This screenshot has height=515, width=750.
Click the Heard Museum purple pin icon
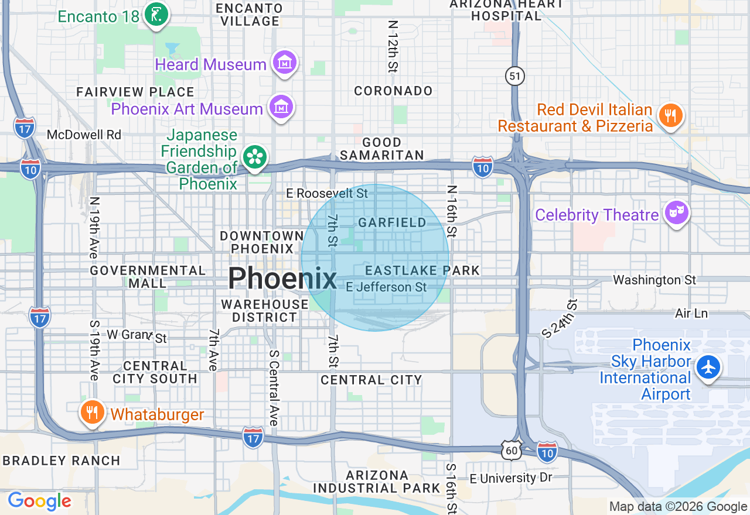click(x=285, y=63)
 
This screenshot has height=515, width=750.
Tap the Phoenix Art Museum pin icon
click(x=281, y=107)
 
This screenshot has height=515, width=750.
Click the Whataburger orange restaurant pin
click(x=91, y=413)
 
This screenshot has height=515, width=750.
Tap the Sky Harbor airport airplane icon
click(x=709, y=368)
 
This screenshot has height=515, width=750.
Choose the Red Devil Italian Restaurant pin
click(x=670, y=115)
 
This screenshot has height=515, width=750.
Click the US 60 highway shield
click(x=511, y=449)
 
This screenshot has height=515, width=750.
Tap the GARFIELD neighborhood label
click(x=393, y=222)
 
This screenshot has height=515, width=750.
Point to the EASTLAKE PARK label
click(x=422, y=270)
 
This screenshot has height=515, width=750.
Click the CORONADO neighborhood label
click(x=393, y=91)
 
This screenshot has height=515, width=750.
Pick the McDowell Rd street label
click(x=84, y=135)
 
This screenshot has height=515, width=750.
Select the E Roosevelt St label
click(x=327, y=193)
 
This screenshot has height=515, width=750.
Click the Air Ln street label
click(x=691, y=313)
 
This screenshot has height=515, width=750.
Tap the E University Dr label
click(x=511, y=478)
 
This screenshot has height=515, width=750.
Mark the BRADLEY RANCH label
click(x=62, y=461)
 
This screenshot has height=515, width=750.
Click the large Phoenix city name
click(x=282, y=279)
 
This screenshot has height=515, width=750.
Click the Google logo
click(x=39, y=502)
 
